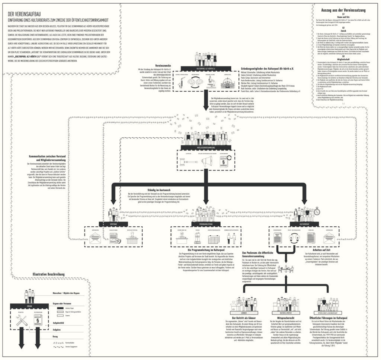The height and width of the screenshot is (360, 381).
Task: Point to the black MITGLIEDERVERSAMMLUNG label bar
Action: (204, 148)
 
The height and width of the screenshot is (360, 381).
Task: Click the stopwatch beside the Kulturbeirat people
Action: (317, 211)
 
